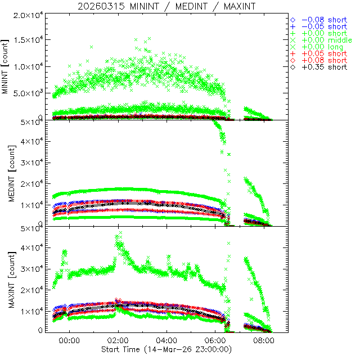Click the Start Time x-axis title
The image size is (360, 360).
pyautogui.click(x=166, y=349)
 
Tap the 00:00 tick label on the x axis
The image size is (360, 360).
pyautogui.click(x=69, y=341)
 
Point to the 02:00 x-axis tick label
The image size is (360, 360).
pyautogui.click(x=118, y=341)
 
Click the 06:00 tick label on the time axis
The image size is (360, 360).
pyautogui.click(x=215, y=341)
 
